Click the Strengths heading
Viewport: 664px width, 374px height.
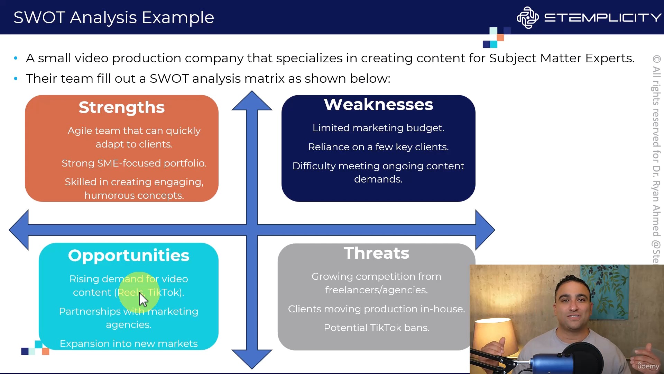pos(122,107)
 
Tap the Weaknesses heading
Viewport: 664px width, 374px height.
pos(378,105)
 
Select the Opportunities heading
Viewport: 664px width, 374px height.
pos(129,256)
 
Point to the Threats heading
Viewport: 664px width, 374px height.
pos(376,253)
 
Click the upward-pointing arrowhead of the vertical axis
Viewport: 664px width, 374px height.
pos(252,101)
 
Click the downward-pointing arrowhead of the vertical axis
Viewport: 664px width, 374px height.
pos(252,359)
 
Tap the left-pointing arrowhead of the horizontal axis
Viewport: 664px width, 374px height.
pos(19,230)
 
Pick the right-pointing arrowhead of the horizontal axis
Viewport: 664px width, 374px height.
pos(485,230)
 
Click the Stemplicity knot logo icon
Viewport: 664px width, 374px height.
pos(527,18)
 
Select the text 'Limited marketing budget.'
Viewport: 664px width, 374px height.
pos(378,128)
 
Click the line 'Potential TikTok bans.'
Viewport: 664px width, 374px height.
pos(377,328)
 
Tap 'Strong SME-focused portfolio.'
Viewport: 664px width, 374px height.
pos(134,163)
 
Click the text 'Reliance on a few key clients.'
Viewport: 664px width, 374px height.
pos(378,147)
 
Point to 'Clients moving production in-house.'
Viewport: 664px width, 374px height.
pos(377,309)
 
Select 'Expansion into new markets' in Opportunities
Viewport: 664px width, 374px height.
pos(129,344)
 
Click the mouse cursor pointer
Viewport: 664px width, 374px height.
pos(143,300)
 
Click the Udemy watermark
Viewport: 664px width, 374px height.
pos(648,366)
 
